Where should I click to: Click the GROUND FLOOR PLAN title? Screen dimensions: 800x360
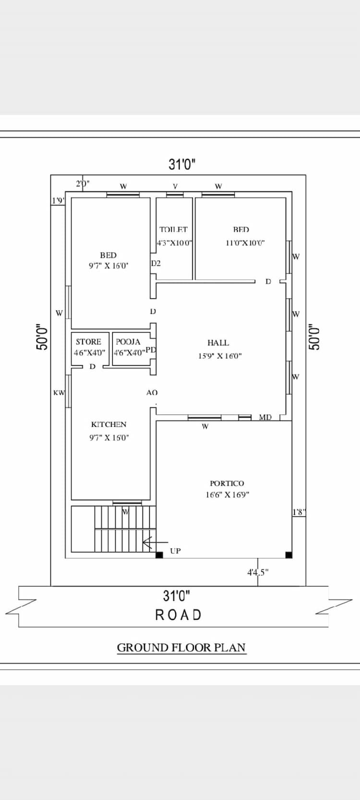coord(181,647)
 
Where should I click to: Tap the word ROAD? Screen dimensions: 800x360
coord(179,615)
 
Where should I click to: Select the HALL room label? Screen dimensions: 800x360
coord(218,343)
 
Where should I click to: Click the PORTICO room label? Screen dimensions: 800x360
coord(227,483)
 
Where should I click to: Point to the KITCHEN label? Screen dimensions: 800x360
coord(108,424)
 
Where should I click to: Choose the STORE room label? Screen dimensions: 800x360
coord(88,342)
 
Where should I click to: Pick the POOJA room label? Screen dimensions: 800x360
coord(128,342)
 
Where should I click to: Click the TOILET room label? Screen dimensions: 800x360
coord(174,230)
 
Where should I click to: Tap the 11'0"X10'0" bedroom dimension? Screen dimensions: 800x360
coord(245,243)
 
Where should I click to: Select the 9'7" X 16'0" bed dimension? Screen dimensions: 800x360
coord(108,265)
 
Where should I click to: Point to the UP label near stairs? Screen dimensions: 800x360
coord(175,551)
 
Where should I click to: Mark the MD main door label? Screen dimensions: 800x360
coord(265,417)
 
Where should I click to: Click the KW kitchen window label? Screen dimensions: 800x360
coord(59,393)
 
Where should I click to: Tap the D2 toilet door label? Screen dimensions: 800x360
coord(156,263)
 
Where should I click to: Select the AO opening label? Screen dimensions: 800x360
coord(152,393)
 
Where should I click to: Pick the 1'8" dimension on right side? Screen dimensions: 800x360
coord(299,512)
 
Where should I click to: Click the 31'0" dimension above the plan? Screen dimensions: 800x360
coord(182,165)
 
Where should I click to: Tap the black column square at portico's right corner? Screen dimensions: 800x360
coord(288,555)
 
